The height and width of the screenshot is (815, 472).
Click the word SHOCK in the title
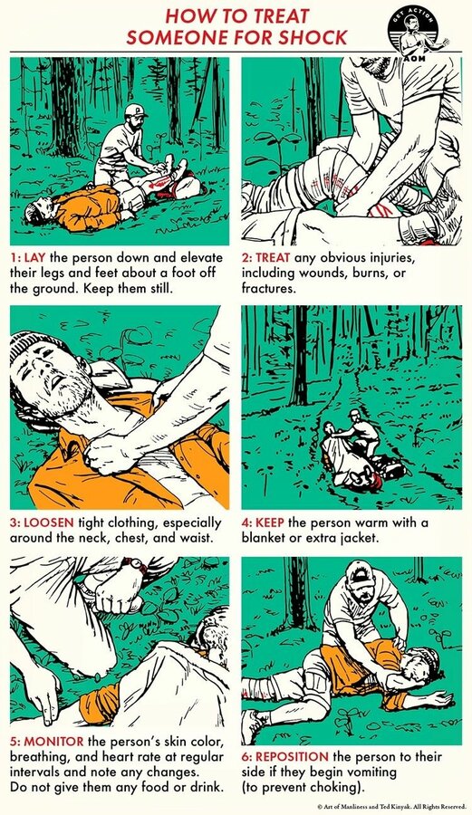[312, 37]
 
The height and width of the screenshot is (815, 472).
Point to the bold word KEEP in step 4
[270, 523]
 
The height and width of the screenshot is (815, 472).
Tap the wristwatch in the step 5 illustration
[136, 564]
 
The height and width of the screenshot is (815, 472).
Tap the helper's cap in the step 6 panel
[359, 572]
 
